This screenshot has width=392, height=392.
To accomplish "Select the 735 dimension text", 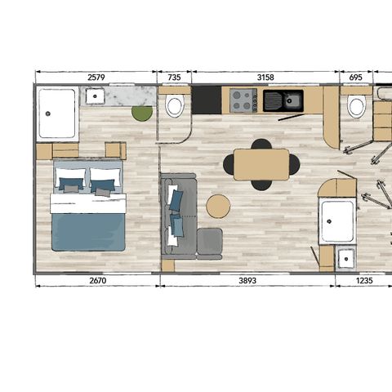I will tap(174, 78).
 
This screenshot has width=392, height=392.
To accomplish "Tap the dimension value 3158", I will tap(265, 78).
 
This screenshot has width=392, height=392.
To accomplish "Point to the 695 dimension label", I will tap(354, 78).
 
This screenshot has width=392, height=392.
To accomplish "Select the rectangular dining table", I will tap(261, 164).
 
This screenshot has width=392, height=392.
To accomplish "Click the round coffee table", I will tap(217, 206).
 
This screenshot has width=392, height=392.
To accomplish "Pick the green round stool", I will tap(142, 114).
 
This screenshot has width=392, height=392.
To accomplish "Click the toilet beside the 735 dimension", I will tap(174, 106).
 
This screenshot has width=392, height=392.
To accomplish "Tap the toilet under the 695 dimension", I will tap(356, 106).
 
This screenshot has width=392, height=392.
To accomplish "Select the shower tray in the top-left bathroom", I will tap(57, 114).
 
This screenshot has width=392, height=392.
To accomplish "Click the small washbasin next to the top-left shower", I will tap(96, 96).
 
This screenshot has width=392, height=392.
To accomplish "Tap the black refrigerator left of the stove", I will tap(207, 100).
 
